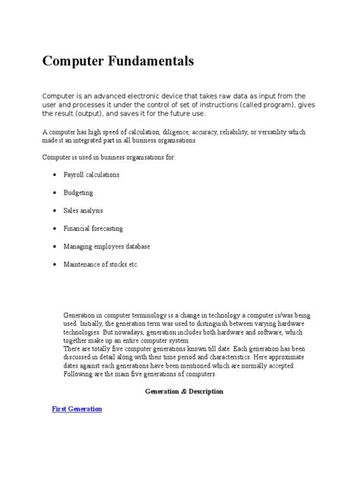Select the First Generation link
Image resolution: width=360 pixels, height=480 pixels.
pyautogui.click(x=77, y=409)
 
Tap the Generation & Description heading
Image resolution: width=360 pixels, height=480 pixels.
pyautogui.click(x=184, y=391)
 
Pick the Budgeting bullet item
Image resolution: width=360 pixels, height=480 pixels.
pyautogui.click(x=78, y=192)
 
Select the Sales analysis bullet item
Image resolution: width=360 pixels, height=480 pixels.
pyautogui.click(x=83, y=210)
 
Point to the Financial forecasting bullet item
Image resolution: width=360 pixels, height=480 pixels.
pyautogui.click(x=93, y=228)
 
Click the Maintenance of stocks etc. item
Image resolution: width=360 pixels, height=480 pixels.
pyautogui.click(x=102, y=264)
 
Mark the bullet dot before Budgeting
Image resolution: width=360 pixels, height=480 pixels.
pyautogui.click(x=55, y=193)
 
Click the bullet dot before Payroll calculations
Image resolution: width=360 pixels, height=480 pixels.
pyautogui.click(x=55, y=175)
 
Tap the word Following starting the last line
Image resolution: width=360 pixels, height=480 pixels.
pyautogui.click(x=80, y=374)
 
